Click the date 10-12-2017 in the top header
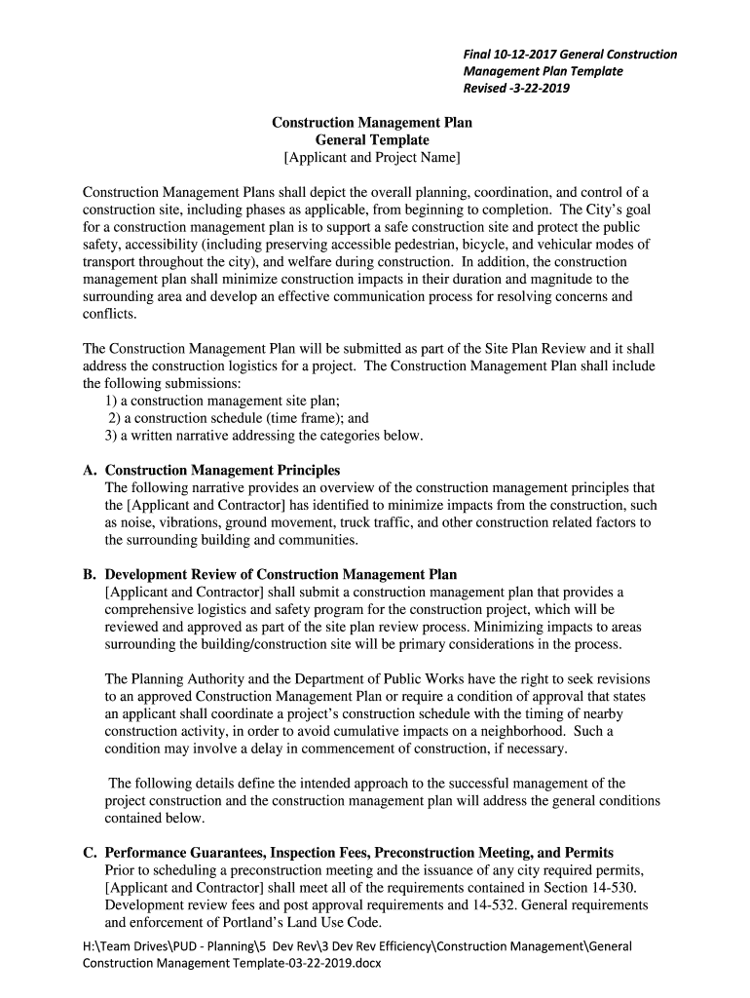pyautogui.click(x=529, y=55)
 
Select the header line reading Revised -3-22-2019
pyautogui.click(x=516, y=89)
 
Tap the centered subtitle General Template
pyautogui.click(x=371, y=140)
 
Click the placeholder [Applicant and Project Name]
pyautogui.click(x=371, y=158)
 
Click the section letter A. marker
pyautogui.click(x=90, y=470)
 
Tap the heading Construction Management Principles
pyautogui.click(x=222, y=470)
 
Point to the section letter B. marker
pyautogui.click(x=90, y=574)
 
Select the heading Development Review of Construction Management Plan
pyautogui.click(x=281, y=574)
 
